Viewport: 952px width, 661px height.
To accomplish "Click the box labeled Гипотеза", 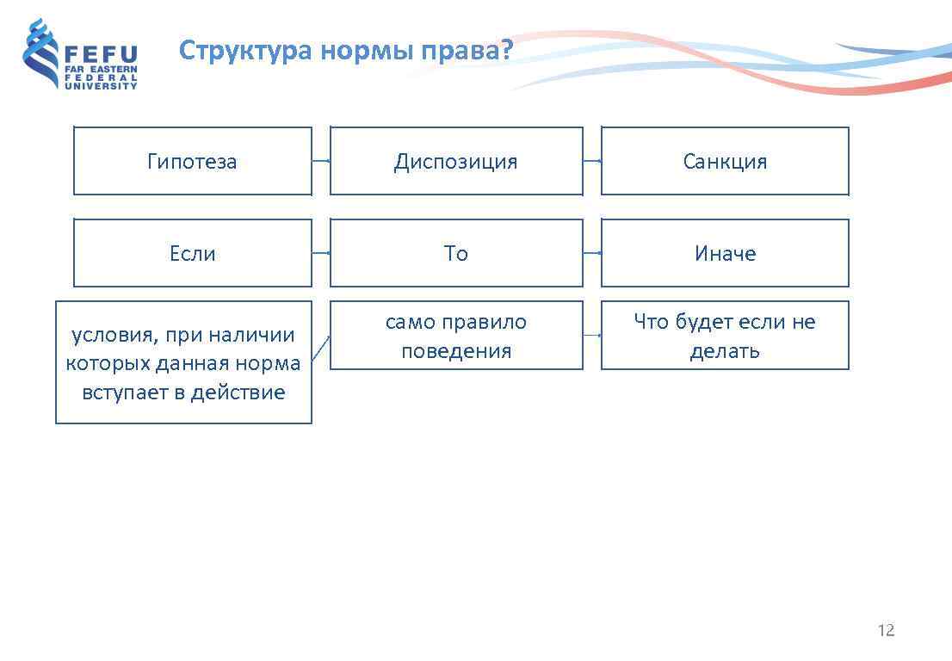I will coord(192,161).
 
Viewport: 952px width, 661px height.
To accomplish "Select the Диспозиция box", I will coord(456,161).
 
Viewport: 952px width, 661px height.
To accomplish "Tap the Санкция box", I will coord(725,161).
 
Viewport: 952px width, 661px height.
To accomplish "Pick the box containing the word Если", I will coord(192,253).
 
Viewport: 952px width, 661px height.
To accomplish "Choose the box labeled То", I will coord(456,253).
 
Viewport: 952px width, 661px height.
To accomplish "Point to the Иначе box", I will coord(725,253).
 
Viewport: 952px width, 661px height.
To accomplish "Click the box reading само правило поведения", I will coord(456,336).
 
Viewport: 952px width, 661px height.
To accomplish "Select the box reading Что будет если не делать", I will coord(725,336).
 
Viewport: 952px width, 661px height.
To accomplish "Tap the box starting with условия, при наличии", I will coord(183,362).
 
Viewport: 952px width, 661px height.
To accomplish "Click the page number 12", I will coord(886,630).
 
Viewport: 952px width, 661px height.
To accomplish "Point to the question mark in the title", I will coord(506,50).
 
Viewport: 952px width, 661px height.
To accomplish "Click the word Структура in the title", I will coord(245,51).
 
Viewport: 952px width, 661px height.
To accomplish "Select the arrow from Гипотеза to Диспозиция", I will coord(321,161).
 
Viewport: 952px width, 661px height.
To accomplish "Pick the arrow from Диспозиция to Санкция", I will coord(592,161).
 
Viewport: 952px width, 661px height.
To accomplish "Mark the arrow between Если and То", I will coord(321,253).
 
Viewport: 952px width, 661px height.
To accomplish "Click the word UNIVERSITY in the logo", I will coord(101,86).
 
